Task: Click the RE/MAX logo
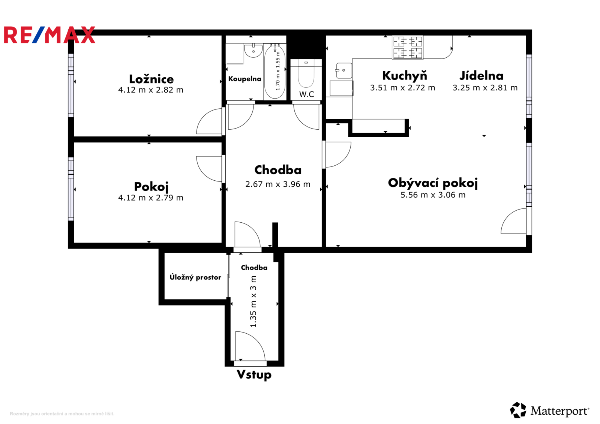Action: coord(49,35)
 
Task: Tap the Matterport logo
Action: coord(549,410)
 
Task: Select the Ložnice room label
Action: coord(151,79)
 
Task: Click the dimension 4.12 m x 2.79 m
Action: coord(151,198)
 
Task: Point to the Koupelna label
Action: coord(244,79)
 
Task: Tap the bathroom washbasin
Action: coord(253,51)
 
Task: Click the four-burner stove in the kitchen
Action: coord(407,47)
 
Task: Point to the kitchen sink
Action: coord(344,71)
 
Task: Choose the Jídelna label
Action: coord(481,76)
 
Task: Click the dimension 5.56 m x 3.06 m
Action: coord(433,195)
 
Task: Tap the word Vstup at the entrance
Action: coord(254,375)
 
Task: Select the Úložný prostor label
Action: coord(195,277)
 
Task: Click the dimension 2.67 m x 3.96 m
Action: coord(278,184)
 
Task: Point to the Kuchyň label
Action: coord(405,76)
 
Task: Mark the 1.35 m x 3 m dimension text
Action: coord(253,301)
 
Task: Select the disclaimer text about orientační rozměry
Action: coord(62,414)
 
